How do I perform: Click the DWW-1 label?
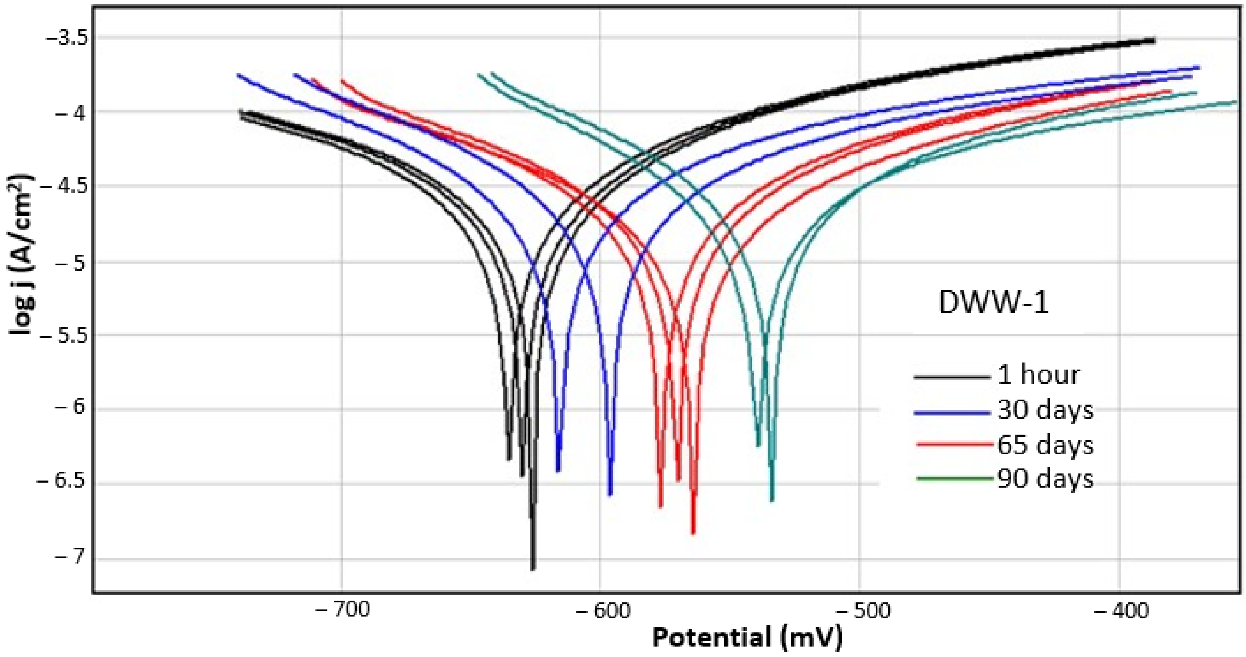[994, 304]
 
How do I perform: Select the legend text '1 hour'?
[1038, 375]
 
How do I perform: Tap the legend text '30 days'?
[1045, 410]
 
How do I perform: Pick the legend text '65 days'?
[1045, 445]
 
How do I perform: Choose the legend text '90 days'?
[1045, 479]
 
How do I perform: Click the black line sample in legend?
[952, 376]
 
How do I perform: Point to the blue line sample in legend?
[952, 413]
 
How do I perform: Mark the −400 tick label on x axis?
[1121, 611]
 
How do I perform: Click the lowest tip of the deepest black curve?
[533, 568]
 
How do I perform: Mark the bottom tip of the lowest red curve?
[693, 532]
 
